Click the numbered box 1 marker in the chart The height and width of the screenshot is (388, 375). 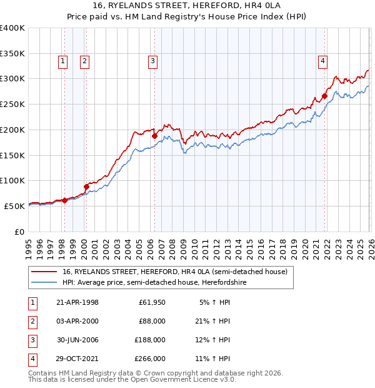(64, 61)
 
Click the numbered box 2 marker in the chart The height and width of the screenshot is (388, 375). (84, 61)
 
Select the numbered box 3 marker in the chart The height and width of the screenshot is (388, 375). (152, 61)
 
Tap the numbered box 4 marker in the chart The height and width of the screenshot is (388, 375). (322, 61)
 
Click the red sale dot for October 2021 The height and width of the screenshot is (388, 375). (324, 96)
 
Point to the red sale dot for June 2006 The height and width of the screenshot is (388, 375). (154, 136)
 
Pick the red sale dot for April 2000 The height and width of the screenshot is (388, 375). (86, 186)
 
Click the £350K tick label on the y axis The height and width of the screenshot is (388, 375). (12, 54)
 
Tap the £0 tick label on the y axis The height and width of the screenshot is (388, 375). (19, 232)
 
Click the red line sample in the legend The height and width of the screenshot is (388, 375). (44, 272)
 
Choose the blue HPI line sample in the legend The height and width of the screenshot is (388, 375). (44, 283)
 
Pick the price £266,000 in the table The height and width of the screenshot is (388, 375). (150, 359)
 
